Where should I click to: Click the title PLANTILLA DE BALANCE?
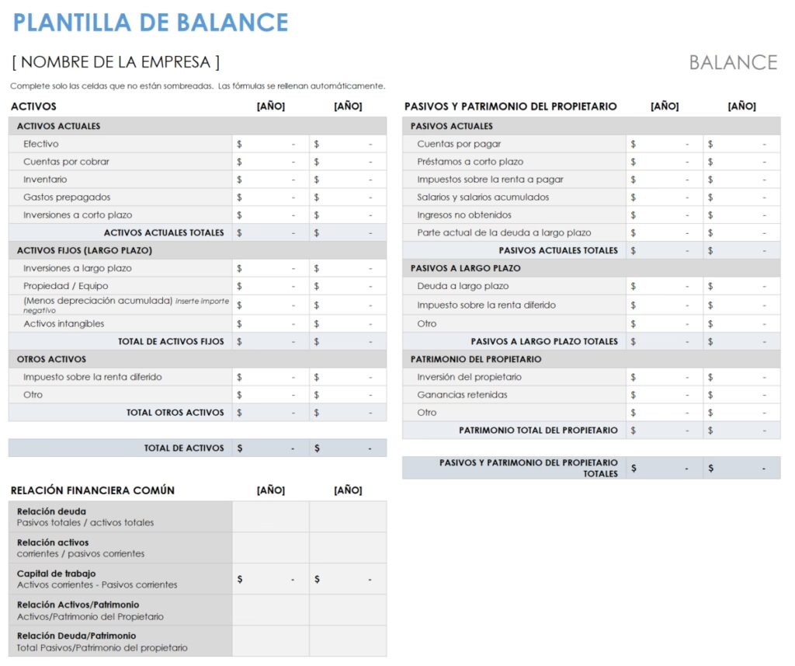(151, 23)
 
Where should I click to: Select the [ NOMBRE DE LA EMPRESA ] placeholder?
(116, 62)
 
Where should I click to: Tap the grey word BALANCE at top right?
(733, 62)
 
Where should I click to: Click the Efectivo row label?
(41, 144)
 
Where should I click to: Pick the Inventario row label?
(45, 180)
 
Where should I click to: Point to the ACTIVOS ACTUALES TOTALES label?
(164, 232)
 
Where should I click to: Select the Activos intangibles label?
(64, 323)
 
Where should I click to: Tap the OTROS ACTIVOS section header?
(51, 359)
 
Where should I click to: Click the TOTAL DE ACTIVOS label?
(184, 448)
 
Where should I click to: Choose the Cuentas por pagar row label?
(459, 144)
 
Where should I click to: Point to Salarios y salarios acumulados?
(483, 197)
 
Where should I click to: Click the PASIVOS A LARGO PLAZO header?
(466, 268)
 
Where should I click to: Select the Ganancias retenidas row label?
(462, 395)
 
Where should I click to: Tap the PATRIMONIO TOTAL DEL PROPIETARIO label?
(538, 430)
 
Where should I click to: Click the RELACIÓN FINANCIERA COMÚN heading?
(92, 490)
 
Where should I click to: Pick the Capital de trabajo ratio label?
(57, 574)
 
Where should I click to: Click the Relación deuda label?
(51, 511)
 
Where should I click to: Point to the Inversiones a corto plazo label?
(78, 215)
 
